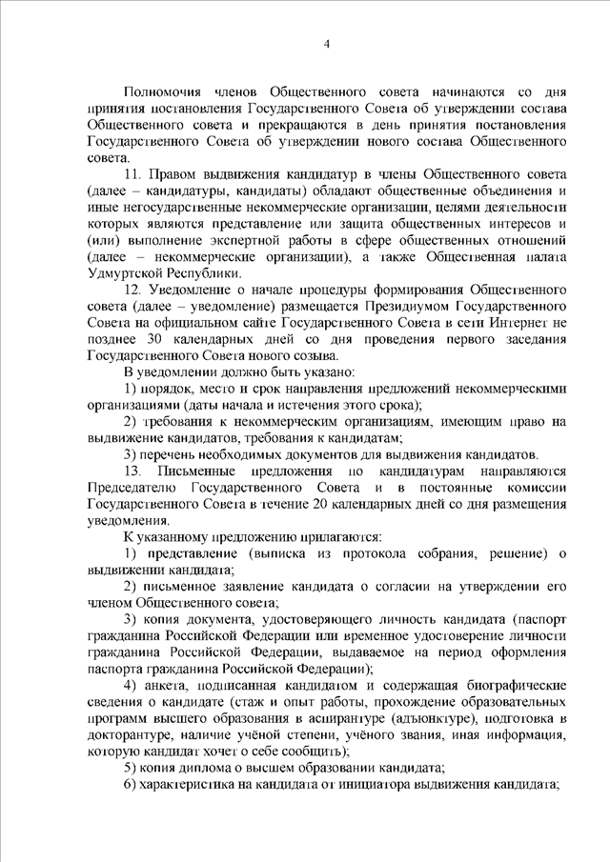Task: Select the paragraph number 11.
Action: tap(133, 176)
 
